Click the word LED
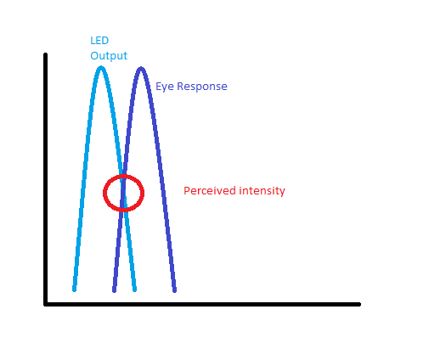[x=99, y=41]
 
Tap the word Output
[x=109, y=56]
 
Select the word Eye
[x=165, y=87]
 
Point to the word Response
[x=202, y=87]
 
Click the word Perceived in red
[x=210, y=191]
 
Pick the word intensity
[x=262, y=191]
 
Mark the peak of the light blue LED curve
[x=101, y=68]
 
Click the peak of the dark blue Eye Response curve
[x=141, y=69]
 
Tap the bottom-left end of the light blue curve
[x=74, y=290]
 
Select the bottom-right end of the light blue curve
[x=135, y=290]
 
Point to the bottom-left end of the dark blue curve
[x=114, y=290]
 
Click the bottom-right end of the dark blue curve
[x=175, y=290]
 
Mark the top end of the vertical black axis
[x=45, y=54]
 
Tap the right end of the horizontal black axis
[x=359, y=305]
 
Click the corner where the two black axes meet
[x=46, y=304]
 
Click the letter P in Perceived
[x=186, y=190]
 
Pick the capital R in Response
[x=180, y=86]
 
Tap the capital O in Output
[x=94, y=55]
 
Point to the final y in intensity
[x=282, y=193]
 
